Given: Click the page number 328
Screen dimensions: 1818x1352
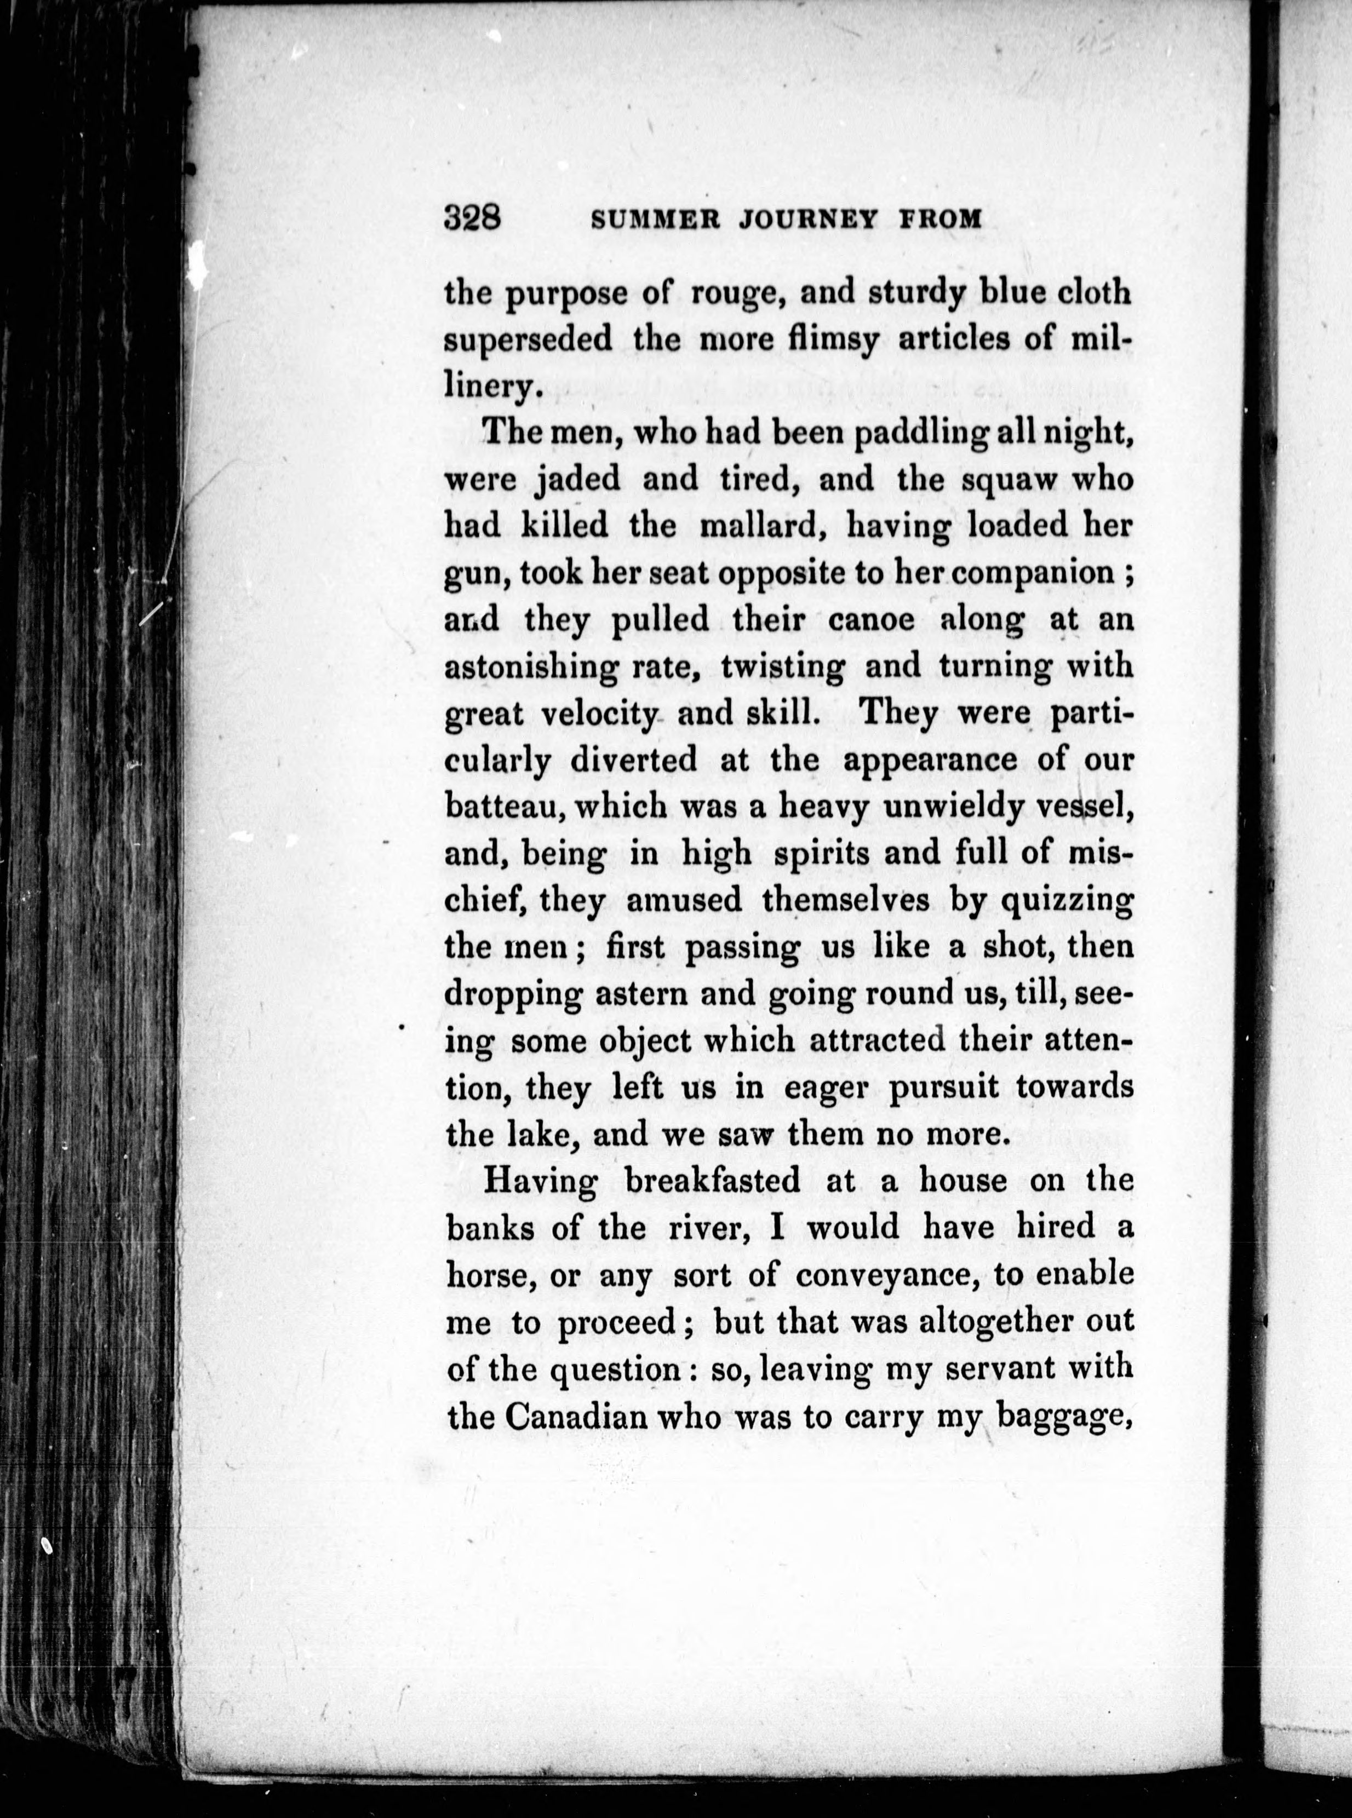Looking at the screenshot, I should [x=472, y=218].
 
